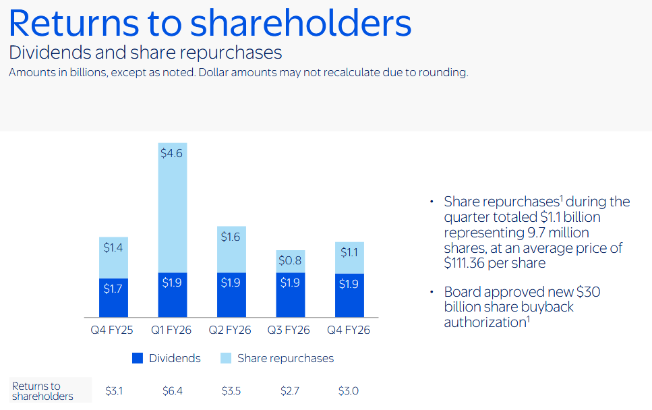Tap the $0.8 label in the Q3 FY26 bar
click(290, 260)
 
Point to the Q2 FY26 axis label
click(231, 330)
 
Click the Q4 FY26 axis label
click(349, 330)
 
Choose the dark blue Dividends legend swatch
click(138, 358)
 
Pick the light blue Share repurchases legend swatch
click(226, 358)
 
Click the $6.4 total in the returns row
click(173, 390)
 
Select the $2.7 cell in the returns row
click(290, 390)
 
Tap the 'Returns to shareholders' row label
click(42, 391)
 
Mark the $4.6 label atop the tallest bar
click(172, 153)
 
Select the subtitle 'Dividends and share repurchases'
click(145, 53)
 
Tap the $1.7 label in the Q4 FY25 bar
click(113, 289)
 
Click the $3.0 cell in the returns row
click(349, 390)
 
